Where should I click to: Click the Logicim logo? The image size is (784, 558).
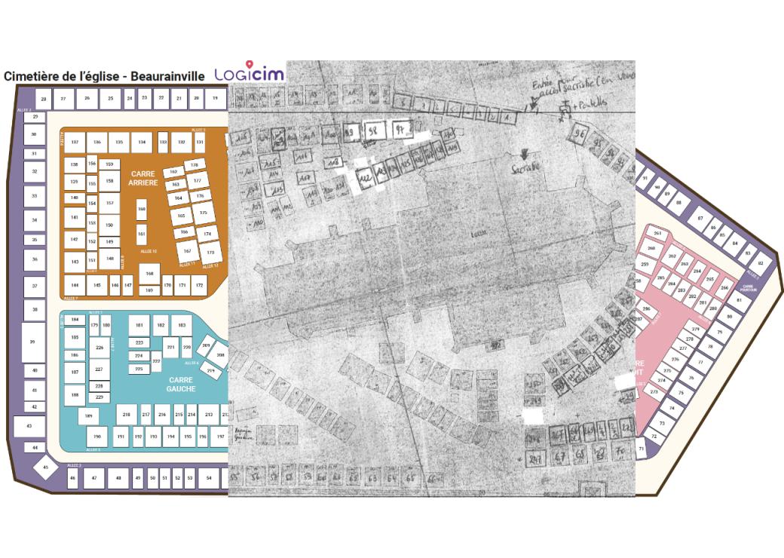tap(249, 74)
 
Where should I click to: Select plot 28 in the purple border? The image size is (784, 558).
tap(44, 99)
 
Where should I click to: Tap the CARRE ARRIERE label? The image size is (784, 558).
tap(142, 178)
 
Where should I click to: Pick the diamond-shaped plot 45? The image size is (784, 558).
tap(45, 468)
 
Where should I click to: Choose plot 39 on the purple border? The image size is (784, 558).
tap(32, 342)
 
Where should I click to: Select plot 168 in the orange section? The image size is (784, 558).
tap(149, 274)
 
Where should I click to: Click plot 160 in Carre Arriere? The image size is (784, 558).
tap(141, 209)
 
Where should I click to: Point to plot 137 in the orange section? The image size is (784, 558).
tap(75, 142)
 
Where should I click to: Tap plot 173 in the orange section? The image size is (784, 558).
tap(210, 252)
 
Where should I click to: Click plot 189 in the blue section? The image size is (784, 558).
tap(89, 415)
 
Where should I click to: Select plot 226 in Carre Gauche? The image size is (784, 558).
tap(99, 348)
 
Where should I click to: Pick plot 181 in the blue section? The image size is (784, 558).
tap(139, 325)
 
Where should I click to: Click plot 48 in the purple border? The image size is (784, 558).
tap(118, 478)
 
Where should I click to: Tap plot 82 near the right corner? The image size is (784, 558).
tap(761, 263)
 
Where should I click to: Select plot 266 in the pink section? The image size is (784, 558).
tap(724, 288)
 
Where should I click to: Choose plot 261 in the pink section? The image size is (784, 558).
tap(657, 234)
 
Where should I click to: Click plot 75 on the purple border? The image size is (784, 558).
tap(681, 393)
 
